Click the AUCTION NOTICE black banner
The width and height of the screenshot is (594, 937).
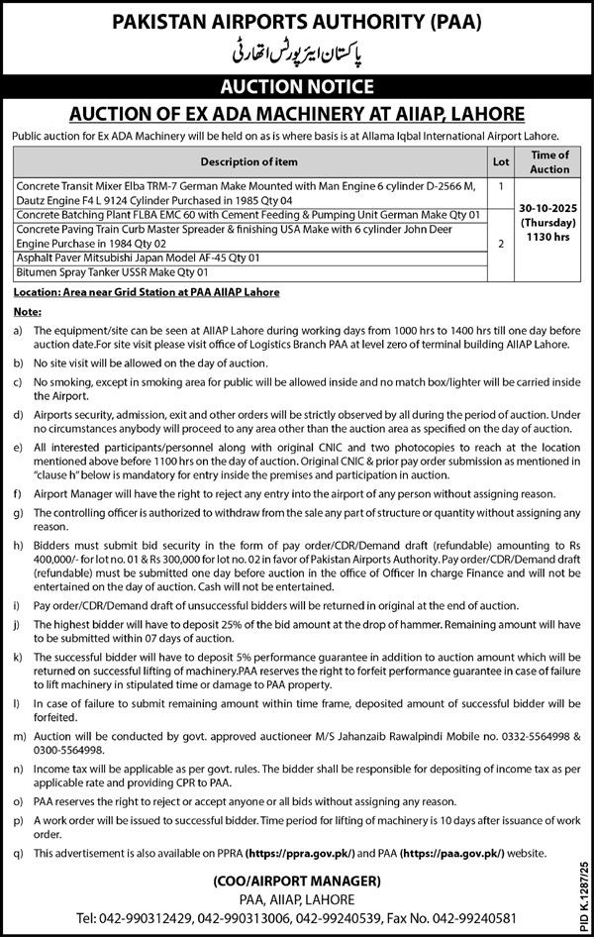pyautogui.click(x=296, y=86)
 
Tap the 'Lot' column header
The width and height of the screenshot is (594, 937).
pyautogui.click(x=502, y=161)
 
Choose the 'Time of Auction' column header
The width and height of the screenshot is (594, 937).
pyautogui.click(x=549, y=161)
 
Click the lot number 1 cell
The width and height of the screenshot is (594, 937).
pyautogui.click(x=502, y=185)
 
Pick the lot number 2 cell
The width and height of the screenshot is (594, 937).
pyautogui.click(x=502, y=242)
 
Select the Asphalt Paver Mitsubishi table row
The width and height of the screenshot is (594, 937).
pyautogui.click(x=138, y=258)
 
